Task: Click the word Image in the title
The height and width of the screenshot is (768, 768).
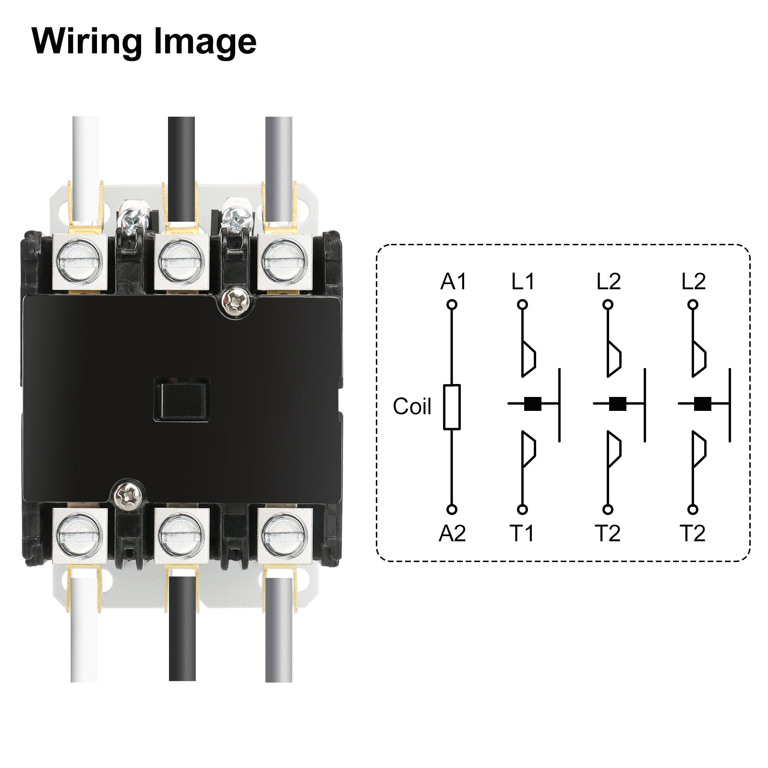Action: (205, 42)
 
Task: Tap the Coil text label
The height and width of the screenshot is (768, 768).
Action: (412, 407)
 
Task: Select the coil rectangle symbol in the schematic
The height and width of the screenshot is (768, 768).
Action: (452, 407)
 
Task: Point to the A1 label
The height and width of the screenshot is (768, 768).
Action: (453, 282)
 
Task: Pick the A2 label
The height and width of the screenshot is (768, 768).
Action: (452, 534)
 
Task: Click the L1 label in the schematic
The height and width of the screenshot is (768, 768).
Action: (522, 282)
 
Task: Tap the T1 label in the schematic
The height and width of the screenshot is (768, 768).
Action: (522, 534)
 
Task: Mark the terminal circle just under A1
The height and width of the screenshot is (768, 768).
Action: (452, 304)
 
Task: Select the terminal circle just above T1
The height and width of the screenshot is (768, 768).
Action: (523, 509)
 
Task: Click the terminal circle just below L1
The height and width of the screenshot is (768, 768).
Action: (523, 304)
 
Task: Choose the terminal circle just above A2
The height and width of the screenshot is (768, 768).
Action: (452, 509)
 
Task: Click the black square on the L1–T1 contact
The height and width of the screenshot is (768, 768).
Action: (532, 404)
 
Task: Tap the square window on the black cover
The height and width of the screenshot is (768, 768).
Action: (181, 400)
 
